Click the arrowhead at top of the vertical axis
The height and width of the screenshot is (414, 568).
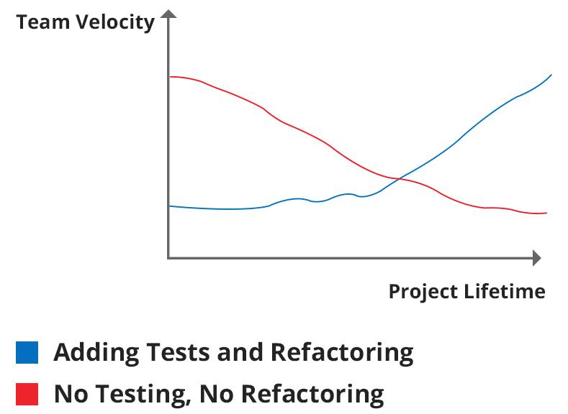pos(168,14)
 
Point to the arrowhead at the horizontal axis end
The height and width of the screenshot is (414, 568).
pos(536,257)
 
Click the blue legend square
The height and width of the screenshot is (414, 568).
pos(27,353)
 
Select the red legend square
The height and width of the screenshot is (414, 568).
pos(27,394)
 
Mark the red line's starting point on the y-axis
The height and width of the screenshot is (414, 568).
pos(169,76)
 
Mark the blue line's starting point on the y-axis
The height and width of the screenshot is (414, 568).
pos(169,206)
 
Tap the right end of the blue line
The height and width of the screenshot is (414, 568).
pos(551,75)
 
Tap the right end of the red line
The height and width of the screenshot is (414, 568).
pos(547,213)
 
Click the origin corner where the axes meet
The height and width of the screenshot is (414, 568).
pos(168,257)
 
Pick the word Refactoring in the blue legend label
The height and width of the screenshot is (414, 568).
pos(342,353)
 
